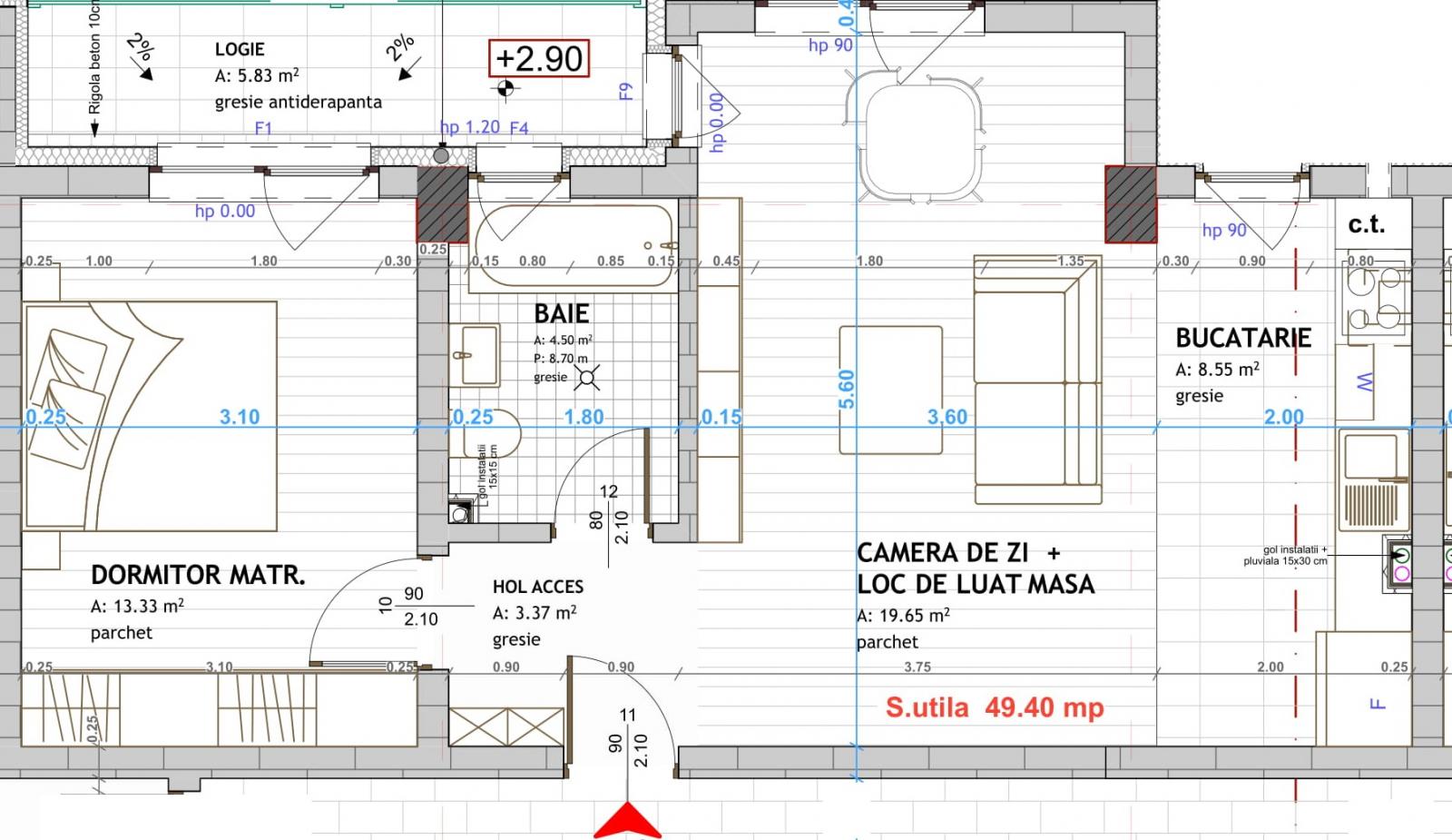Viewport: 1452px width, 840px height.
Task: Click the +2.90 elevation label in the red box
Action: [539, 59]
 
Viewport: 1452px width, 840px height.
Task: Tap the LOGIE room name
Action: [240, 49]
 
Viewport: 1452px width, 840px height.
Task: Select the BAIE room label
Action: [561, 314]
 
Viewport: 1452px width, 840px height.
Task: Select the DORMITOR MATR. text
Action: [197, 575]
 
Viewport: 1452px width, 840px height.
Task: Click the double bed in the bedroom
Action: [150, 416]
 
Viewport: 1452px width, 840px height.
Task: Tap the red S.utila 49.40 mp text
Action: [995, 707]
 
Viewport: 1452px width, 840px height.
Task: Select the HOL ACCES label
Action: [537, 588]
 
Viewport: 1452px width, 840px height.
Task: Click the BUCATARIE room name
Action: [1242, 339]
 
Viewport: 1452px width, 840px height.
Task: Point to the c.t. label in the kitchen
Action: [1366, 223]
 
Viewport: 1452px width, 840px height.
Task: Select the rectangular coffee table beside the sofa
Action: [889, 389]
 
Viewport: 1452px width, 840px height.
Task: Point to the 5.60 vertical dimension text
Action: [846, 389]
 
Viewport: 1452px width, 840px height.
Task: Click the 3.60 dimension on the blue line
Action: [947, 417]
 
